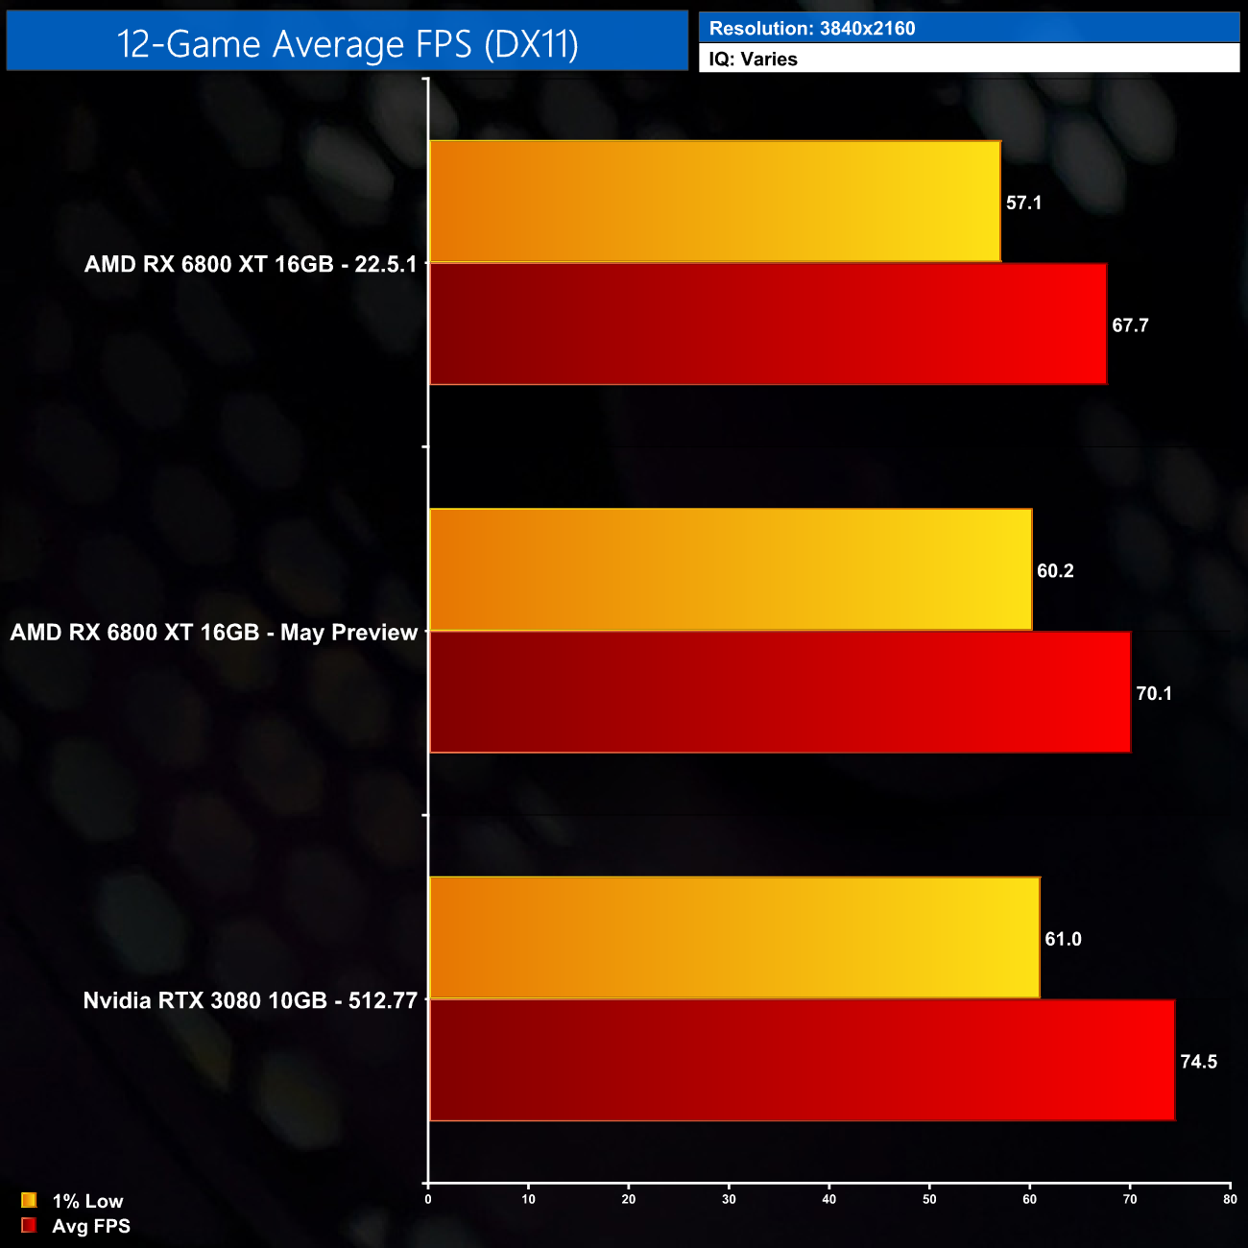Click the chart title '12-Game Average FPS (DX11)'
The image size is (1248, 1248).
click(347, 44)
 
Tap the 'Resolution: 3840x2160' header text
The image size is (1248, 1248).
click(811, 29)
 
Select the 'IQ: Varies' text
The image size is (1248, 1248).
click(753, 60)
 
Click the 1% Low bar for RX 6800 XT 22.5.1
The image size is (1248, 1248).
click(714, 202)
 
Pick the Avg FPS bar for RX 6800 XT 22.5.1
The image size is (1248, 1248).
click(767, 324)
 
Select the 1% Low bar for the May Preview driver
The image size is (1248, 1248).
click(730, 570)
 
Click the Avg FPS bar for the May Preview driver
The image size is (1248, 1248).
click(780, 692)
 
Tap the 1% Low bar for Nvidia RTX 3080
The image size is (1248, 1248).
click(734, 938)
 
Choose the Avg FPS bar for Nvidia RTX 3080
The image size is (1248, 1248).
click(802, 1060)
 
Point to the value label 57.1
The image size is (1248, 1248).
click(1023, 203)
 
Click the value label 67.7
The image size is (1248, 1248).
click(1130, 325)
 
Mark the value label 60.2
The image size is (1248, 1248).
click(1055, 571)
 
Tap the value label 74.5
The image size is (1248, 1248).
click(1198, 1062)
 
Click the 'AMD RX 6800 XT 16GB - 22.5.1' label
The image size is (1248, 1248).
click(251, 264)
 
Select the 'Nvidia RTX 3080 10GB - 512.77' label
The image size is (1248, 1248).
click(250, 1000)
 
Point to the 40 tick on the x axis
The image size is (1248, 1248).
click(829, 1199)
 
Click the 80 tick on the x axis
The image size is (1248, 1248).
click(1230, 1199)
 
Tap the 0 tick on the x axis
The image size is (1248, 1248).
click(428, 1199)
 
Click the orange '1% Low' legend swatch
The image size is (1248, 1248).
click(29, 1200)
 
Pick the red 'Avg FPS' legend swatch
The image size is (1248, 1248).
click(29, 1225)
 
